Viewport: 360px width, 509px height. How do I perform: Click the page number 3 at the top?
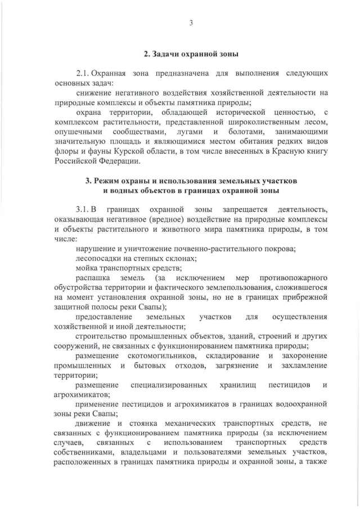pyautogui.click(x=191, y=23)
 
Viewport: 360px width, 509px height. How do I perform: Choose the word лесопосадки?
pyautogui.click(x=99, y=258)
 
